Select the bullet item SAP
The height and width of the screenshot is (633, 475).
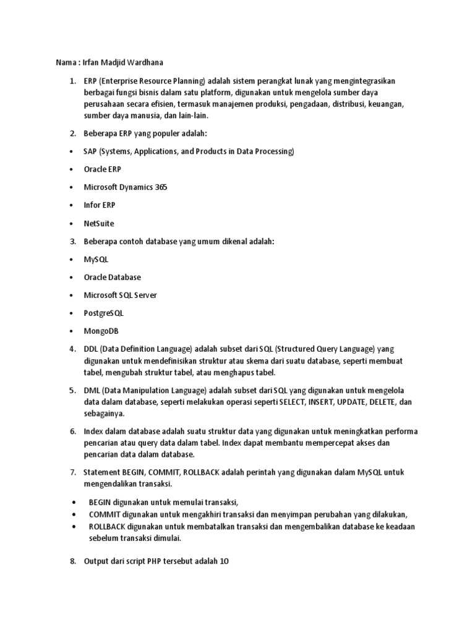91,151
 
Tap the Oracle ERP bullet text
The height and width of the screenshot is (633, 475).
103,169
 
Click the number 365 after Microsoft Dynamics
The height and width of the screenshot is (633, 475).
161,187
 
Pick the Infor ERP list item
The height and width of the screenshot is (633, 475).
100,205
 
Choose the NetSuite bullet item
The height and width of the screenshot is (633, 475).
99,223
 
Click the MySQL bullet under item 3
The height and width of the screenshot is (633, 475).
96,260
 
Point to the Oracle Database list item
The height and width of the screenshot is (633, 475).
113,278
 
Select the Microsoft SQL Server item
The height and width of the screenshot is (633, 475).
121,295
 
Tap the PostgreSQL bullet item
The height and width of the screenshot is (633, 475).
104,313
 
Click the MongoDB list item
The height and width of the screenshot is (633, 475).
101,331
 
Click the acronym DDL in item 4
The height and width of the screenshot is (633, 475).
91,350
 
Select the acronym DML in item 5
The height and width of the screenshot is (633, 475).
92,391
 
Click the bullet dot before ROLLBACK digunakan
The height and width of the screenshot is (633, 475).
74,526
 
